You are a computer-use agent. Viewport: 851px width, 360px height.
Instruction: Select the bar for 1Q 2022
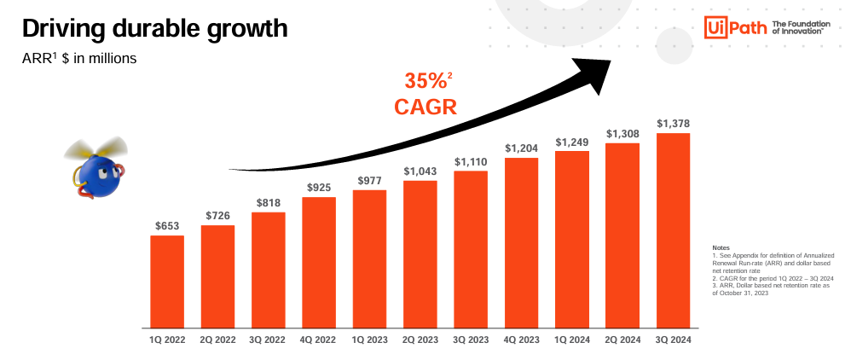[167, 282]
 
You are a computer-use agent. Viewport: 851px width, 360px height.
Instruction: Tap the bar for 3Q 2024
[673, 230]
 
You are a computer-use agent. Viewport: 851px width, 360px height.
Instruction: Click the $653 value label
[167, 226]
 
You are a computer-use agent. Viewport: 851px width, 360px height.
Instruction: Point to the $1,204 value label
[521, 148]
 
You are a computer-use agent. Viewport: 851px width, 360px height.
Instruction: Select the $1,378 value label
[673, 124]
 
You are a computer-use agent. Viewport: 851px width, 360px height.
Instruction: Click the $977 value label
[369, 180]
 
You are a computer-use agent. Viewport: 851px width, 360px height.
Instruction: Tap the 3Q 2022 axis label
[268, 340]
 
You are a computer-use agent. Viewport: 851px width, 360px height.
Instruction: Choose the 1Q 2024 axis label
[571, 340]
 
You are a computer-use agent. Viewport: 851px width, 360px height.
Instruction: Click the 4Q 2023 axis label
[521, 340]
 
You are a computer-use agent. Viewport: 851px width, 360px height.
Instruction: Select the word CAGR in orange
[425, 107]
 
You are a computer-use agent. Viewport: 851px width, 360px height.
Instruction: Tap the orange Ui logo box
[715, 26]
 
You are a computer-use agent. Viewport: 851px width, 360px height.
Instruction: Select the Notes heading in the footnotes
[720, 247]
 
